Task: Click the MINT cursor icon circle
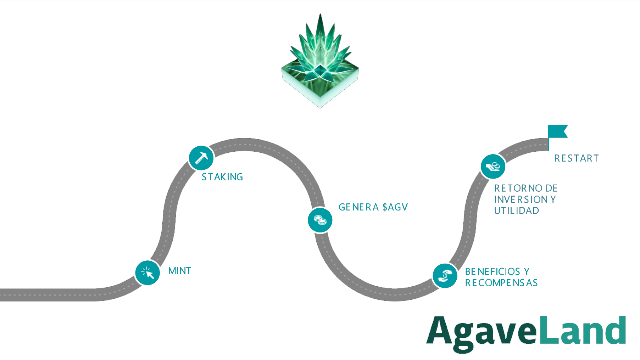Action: (148, 272)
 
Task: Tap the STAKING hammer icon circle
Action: (201, 158)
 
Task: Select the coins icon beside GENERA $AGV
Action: (320, 220)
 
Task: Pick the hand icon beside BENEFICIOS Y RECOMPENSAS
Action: (445, 276)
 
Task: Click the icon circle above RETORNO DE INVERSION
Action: (493, 166)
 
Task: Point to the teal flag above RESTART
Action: (557, 132)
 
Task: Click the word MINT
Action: (180, 271)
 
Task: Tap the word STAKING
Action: (222, 177)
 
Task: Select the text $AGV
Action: (395, 207)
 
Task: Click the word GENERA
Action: (358, 207)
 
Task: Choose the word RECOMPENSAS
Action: (501, 283)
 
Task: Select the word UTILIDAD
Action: (516, 211)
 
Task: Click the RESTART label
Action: (577, 158)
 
